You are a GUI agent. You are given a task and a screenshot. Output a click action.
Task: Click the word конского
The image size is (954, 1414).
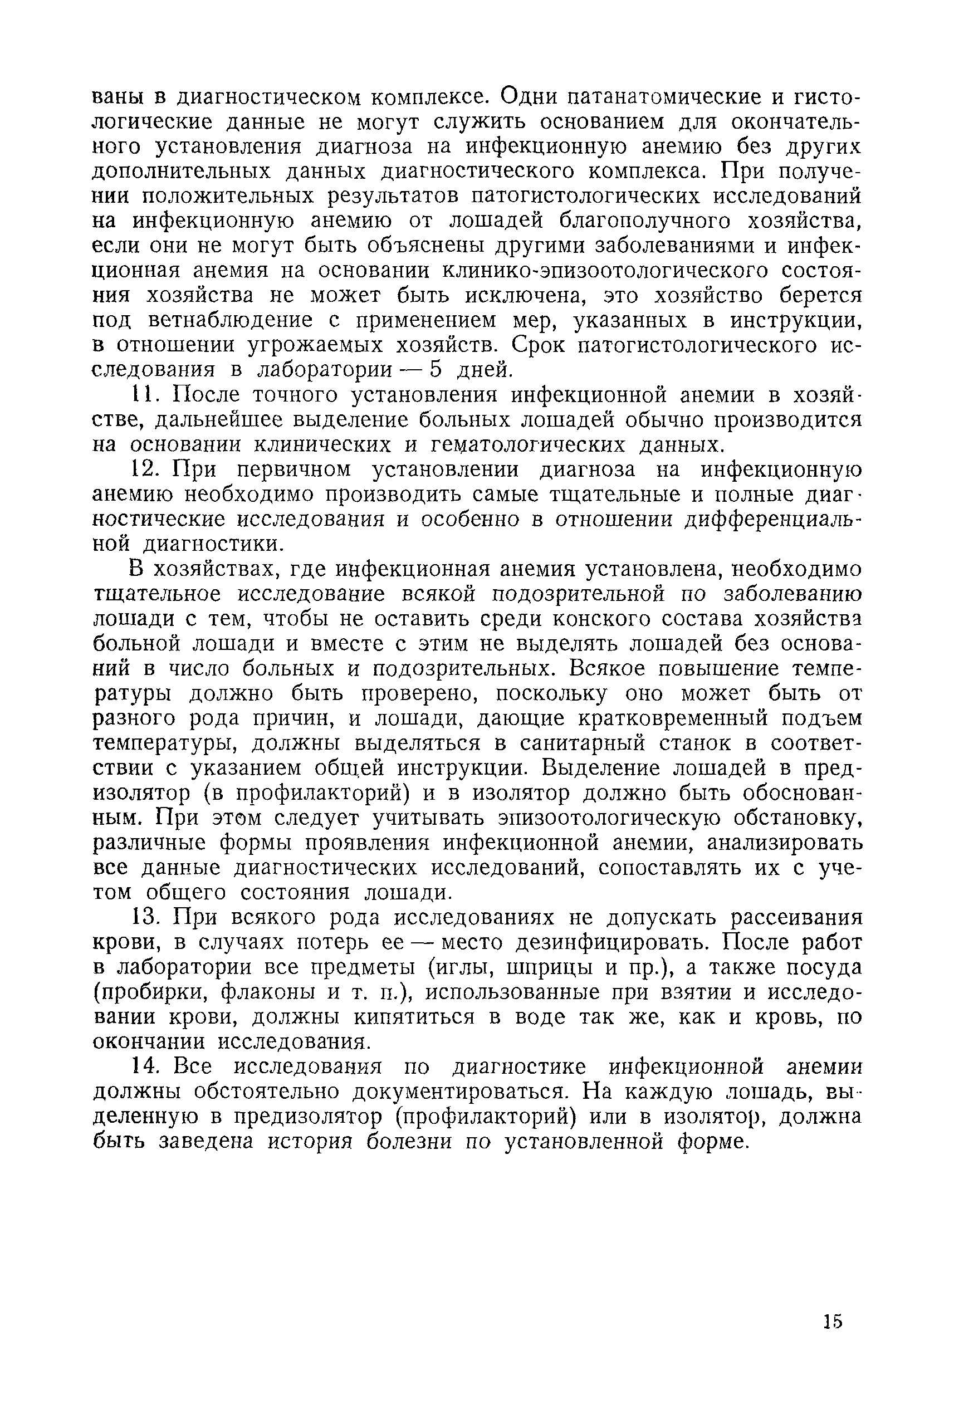[597, 619]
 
